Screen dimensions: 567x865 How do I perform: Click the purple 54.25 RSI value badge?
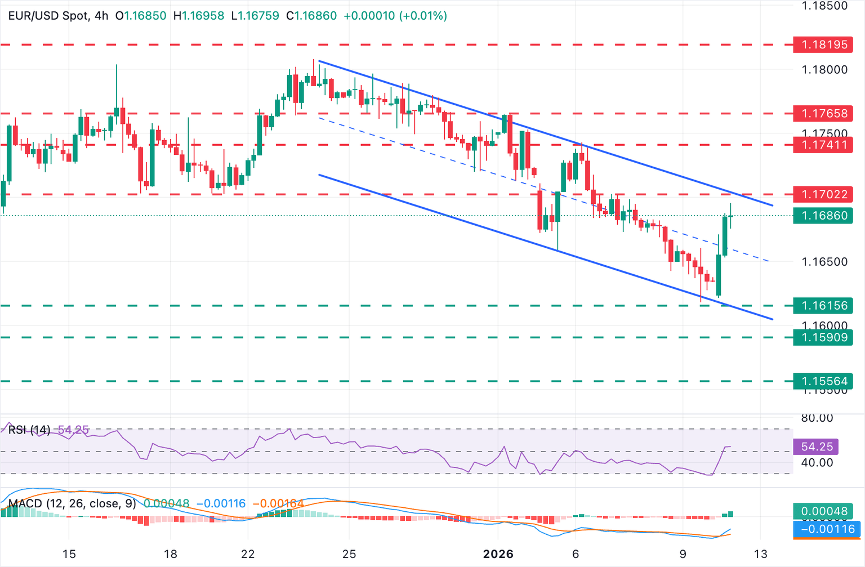pos(816,447)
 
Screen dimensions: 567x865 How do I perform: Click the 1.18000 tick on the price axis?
pos(824,70)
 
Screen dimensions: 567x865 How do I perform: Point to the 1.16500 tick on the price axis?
pos(824,262)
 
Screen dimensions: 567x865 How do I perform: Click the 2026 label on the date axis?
pos(498,554)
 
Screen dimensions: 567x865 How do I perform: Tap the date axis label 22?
pos(248,554)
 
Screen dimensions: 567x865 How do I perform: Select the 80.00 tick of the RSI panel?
pos(817,418)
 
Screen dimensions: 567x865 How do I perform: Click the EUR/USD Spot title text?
pos(48,16)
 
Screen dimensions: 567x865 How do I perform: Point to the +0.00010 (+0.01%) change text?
pos(395,16)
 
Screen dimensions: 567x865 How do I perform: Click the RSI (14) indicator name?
pos(29,430)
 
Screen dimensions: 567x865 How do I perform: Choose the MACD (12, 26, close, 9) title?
pos(72,503)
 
